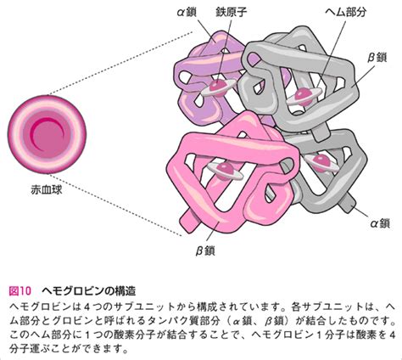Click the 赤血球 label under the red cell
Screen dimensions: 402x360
pos(47,190)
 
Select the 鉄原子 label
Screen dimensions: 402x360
pos(231,12)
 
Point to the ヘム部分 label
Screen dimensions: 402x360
pos(345,12)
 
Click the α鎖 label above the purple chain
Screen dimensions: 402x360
pos(187,12)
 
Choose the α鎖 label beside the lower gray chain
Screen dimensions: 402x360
pos(380,223)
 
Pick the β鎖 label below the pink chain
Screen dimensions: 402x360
pos(205,250)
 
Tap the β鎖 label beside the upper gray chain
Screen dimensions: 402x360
pos(377,58)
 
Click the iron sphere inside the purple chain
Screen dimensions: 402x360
pos(217,85)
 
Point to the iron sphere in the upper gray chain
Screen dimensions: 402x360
pos(303,94)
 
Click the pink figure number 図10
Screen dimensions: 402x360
pos(20,290)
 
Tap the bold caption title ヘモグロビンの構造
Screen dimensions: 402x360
pos(89,290)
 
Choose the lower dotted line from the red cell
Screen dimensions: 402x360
pos(116,205)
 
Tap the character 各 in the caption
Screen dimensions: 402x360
pos(296,307)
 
